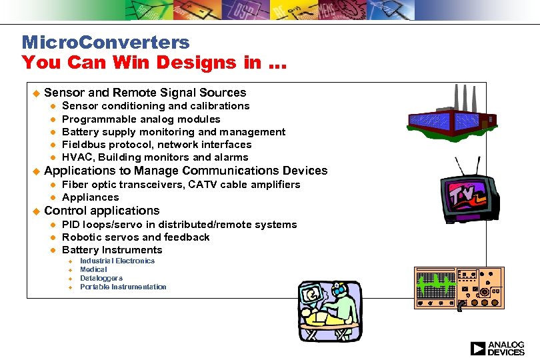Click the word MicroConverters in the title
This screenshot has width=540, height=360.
pyautogui.click(x=105, y=43)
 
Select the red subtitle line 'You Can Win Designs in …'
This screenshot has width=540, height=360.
pyautogui.click(x=154, y=63)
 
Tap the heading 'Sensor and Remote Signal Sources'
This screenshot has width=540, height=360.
pyautogui.click(x=145, y=93)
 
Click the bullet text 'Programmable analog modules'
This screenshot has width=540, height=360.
pyautogui.click(x=141, y=119)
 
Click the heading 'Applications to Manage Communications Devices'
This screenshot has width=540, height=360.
pyautogui.click(x=185, y=171)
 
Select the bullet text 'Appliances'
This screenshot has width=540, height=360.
pyautogui.click(x=90, y=197)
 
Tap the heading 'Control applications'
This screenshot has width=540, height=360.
pyautogui.click(x=101, y=211)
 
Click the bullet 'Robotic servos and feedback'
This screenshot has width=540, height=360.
pyautogui.click(x=135, y=237)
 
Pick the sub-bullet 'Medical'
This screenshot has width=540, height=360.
pyautogui.click(x=93, y=269)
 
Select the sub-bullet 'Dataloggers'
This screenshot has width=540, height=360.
pyautogui.click(x=101, y=278)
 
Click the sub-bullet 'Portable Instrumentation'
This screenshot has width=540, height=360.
pyautogui.click(x=123, y=287)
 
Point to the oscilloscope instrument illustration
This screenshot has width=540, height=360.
pyautogui.click(x=459, y=288)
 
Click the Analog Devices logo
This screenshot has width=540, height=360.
pyautogui.click(x=497, y=348)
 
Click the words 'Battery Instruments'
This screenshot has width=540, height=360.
pyautogui.click(x=112, y=250)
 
